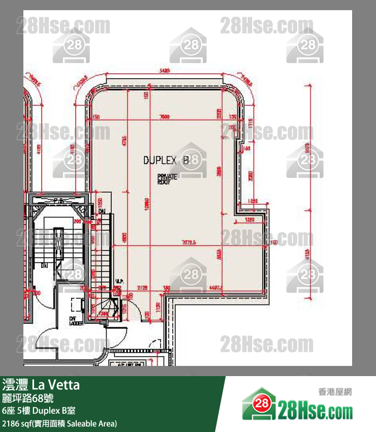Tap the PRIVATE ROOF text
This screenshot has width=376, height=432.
(167, 178)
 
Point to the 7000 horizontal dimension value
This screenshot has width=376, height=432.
(164, 117)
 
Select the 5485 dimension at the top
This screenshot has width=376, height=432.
(164, 71)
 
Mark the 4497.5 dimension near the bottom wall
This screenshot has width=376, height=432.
(216, 288)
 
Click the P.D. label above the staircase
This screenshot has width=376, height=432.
(60, 201)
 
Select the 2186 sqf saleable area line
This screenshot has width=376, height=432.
(59, 423)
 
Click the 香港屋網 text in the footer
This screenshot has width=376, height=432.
(334, 391)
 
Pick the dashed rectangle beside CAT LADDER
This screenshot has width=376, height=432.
(78, 303)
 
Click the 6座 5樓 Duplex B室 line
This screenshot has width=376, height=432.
(39, 410)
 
